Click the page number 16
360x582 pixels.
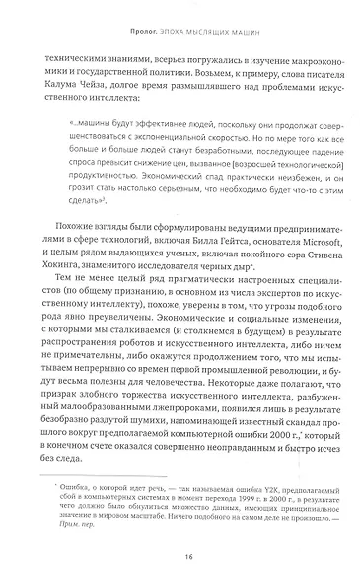(x=180, y=554)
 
